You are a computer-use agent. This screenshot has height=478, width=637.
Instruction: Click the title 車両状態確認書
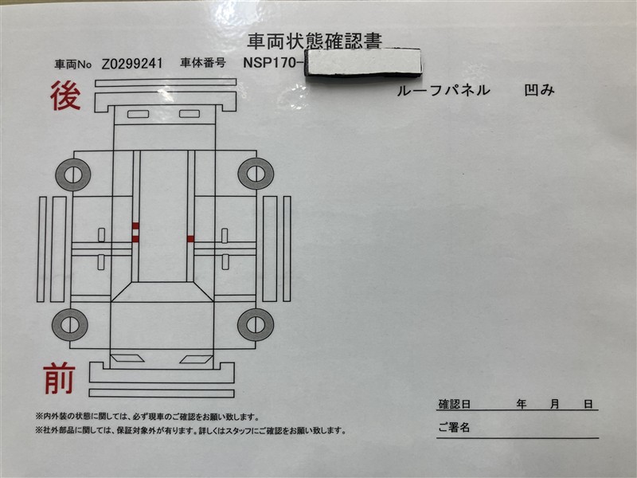(x=315, y=41)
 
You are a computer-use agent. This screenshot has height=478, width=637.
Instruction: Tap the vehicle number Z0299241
(x=132, y=64)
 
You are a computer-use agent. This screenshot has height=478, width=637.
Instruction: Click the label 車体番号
(x=203, y=63)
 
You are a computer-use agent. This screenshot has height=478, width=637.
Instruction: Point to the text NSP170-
(x=273, y=63)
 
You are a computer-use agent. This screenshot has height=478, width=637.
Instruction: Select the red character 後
(x=65, y=96)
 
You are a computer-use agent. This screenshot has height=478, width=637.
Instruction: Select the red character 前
(x=59, y=379)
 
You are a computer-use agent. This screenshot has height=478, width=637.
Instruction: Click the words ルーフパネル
(x=444, y=90)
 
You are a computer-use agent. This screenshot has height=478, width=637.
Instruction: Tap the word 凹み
(x=539, y=90)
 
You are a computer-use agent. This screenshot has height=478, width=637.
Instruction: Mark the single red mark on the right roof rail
(x=190, y=239)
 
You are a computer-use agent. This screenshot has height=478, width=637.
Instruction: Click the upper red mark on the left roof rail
(x=135, y=225)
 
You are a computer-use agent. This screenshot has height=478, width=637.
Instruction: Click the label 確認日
(x=455, y=404)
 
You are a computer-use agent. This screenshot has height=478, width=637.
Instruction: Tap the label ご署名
(x=454, y=427)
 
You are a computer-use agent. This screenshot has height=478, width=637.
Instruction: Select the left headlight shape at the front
(x=127, y=358)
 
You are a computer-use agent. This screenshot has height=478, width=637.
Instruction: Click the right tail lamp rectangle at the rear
(x=190, y=113)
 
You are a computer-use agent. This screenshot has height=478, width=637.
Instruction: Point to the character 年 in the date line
(x=522, y=404)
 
